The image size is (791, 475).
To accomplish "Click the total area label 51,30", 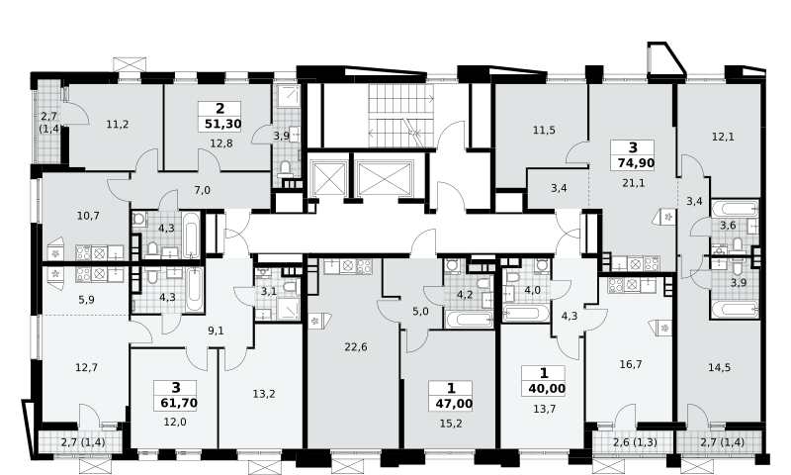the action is click(x=223, y=124).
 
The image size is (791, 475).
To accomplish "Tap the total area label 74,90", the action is click(x=636, y=163).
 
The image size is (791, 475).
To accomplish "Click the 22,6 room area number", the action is click(x=356, y=346).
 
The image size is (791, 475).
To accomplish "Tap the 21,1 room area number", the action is click(x=633, y=183).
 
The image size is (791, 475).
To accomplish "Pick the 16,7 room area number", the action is click(x=631, y=364).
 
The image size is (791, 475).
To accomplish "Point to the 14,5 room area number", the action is click(x=719, y=367).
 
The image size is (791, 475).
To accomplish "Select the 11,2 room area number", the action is click(x=118, y=124).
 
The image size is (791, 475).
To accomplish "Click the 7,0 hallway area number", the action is click(x=202, y=190).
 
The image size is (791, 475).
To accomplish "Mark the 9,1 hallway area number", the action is click(x=216, y=332).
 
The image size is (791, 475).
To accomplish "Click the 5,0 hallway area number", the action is click(x=420, y=312).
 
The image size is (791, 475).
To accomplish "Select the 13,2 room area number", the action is click(x=264, y=394).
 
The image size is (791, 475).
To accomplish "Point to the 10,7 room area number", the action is click(x=88, y=216).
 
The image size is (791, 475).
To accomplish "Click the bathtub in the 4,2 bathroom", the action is click(x=469, y=320).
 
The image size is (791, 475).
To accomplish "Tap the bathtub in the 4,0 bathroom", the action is click(x=526, y=313).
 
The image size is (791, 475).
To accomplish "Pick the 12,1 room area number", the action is click(x=723, y=137).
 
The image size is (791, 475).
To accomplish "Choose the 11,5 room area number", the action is click(x=544, y=131).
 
